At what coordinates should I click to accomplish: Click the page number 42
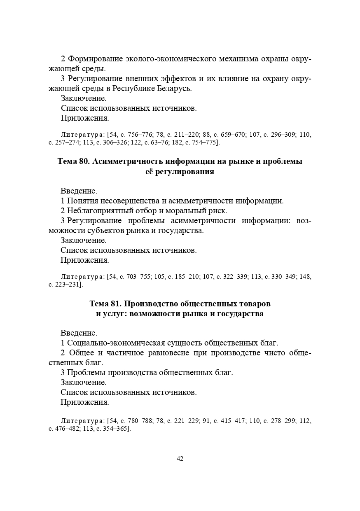click(180, 459)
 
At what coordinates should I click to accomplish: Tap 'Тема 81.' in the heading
click(105, 304)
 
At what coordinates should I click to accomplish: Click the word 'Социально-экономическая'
click(116, 343)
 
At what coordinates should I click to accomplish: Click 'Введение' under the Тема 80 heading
click(79, 191)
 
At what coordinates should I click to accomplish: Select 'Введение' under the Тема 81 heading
click(79, 333)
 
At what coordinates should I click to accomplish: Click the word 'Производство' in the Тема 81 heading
click(150, 304)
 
